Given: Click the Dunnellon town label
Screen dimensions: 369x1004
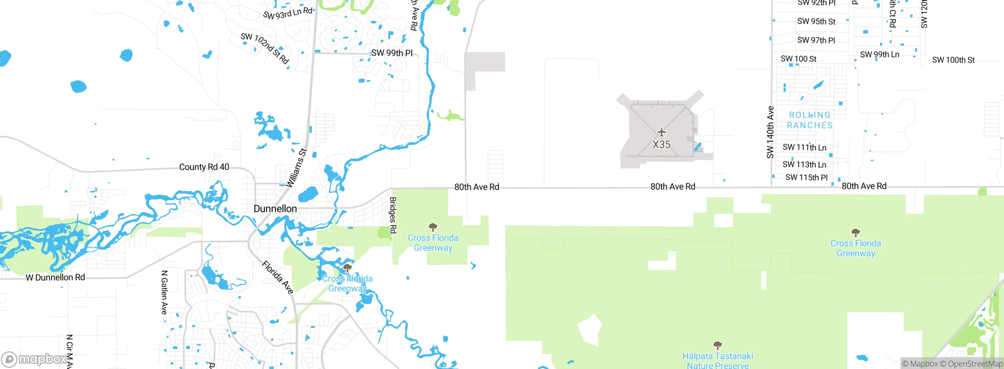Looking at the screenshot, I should point(275,208).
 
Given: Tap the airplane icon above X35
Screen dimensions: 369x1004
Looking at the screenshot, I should point(661,132).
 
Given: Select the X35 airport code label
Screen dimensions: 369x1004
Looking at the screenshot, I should point(661,144).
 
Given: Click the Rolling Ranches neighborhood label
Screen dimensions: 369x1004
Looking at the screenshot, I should point(809,120).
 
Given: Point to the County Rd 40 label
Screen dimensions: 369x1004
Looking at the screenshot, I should point(204,167).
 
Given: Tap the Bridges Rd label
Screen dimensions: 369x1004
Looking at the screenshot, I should point(393,215).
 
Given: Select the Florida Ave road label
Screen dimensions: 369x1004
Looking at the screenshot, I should point(278,277).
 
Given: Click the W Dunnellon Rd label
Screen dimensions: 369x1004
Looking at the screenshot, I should point(55,278).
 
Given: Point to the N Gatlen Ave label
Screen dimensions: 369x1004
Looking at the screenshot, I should point(164,292).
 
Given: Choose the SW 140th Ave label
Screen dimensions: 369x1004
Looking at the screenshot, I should point(770,132).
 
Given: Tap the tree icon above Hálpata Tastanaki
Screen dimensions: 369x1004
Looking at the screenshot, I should point(717,345).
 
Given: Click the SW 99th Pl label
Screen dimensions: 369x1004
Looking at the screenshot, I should point(392,53).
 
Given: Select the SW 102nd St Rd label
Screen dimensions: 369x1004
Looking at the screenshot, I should point(265,48).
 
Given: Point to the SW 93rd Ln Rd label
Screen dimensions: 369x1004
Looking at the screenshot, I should point(287,13).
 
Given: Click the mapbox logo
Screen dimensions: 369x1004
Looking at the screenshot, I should point(35,359).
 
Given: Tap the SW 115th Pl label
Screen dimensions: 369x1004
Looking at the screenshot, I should point(806,177).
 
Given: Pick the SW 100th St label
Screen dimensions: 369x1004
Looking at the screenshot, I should point(953,60).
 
